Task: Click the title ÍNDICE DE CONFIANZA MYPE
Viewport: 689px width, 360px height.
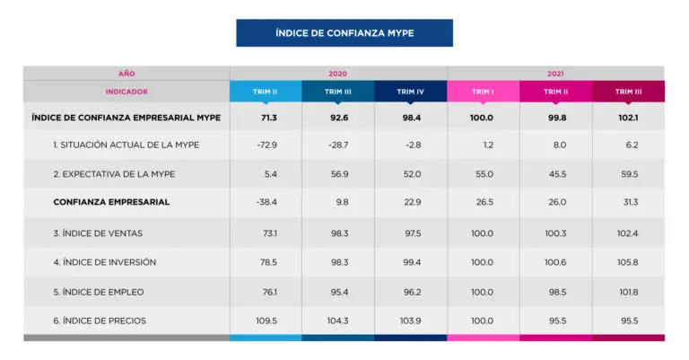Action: [x=344, y=33]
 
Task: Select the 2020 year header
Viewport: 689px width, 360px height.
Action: [x=338, y=73]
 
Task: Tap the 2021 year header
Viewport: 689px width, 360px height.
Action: [x=555, y=73]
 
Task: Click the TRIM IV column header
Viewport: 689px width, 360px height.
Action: [x=410, y=92]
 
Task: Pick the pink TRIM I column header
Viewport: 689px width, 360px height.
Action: [x=483, y=92]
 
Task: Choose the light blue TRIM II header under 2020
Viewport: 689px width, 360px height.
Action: [x=266, y=92]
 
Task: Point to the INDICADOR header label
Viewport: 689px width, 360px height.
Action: [x=126, y=92]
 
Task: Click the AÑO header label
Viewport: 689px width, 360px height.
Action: [x=126, y=73]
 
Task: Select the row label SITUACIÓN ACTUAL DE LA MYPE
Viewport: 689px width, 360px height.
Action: [x=126, y=145]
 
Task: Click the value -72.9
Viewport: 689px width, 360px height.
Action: [x=266, y=145]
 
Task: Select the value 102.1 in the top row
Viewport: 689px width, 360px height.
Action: [x=627, y=117]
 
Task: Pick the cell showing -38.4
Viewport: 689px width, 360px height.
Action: [x=266, y=202]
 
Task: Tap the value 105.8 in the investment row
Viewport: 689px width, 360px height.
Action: [x=627, y=262]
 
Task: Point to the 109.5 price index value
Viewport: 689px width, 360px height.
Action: [x=266, y=320]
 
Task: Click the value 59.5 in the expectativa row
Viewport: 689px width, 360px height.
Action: [x=627, y=174]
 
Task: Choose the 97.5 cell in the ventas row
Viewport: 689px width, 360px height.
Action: [x=410, y=233]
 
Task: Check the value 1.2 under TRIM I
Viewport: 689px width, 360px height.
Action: [x=483, y=145]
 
